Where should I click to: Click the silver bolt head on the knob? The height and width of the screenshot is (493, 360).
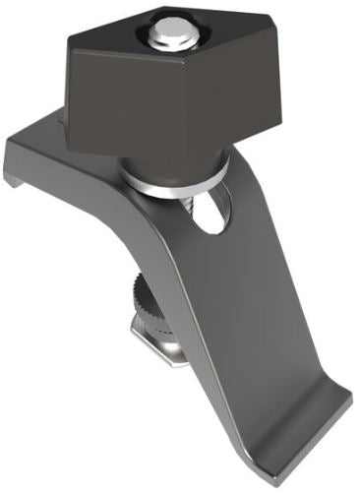(x=174, y=32)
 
